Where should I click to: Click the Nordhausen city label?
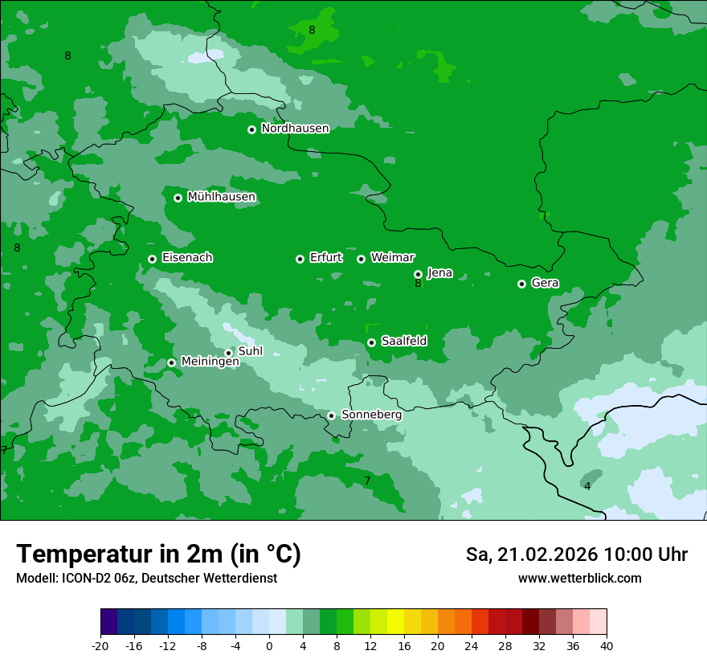click(x=295, y=129)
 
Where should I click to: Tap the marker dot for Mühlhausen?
click(x=178, y=198)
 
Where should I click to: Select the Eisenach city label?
click(x=187, y=258)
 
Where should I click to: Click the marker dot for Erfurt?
click(x=300, y=259)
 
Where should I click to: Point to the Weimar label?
click(x=392, y=258)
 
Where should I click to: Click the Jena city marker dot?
click(x=418, y=274)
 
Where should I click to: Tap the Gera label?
click(x=545, y=283)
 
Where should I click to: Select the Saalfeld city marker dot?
click(x=372, y=342)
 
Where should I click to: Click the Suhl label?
click(x=251, y=351)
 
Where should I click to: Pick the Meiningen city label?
click(x=210, y=362)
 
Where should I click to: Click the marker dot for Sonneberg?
click(x=331, y=415)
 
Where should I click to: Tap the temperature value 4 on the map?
click(x=587, y=486)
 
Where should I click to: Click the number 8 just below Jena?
click(x=418, y=284)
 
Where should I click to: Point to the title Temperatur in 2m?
click(x=158, y=554)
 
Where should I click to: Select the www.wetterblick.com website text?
click(x=579, y=578)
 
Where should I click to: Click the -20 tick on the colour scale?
click(x=100, y=645)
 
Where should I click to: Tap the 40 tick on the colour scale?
click(x=606, y=645)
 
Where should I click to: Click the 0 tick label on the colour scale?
click(x=269, y=645)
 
